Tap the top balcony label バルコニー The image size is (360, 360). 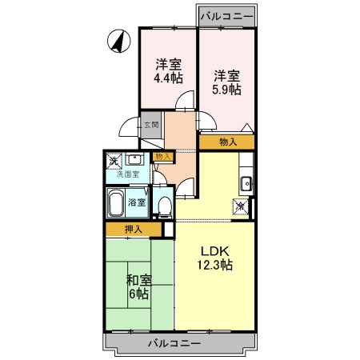coord(226,15)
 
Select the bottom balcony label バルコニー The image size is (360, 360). coord(174,343)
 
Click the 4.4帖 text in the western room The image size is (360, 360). coord(168,78)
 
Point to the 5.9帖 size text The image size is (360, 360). coord(226,90)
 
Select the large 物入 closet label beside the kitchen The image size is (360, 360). coord(227,142)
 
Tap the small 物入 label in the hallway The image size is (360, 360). coord(162,157)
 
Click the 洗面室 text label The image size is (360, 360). coord(128,174)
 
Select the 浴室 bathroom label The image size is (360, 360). coord(137,202)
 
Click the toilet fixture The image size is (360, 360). coord(163,206)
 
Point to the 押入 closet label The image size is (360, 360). coord(134,230)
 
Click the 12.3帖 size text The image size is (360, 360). coord(214,263)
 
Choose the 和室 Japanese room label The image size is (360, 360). coord(139,280)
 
